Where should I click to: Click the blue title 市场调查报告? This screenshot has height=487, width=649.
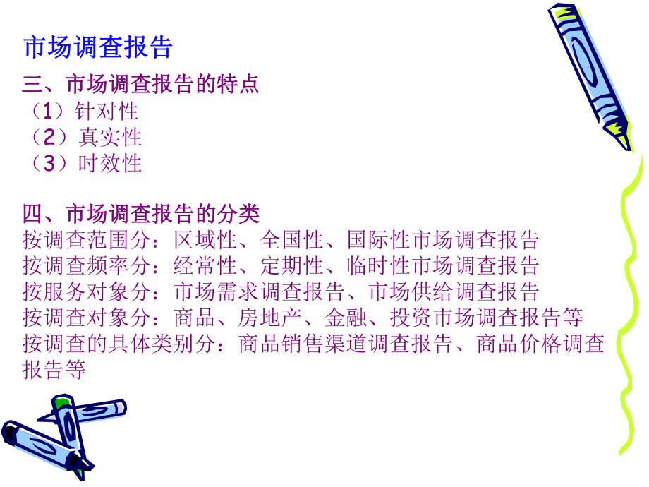coord(98,47)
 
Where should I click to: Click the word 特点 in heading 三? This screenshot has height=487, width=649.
coord(238,85)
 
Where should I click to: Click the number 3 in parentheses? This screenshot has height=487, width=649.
coord(49,163)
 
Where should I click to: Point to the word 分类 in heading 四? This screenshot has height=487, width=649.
coord(238,213)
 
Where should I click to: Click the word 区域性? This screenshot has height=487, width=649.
coord(205,240)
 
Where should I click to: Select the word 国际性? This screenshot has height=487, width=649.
coord(379,240)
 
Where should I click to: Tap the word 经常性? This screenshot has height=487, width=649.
coord(205,266)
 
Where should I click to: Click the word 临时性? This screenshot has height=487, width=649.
coord(379,266)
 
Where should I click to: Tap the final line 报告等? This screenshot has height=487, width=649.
coord(54,369)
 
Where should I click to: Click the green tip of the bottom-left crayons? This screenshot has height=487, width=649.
coord(62,402)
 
